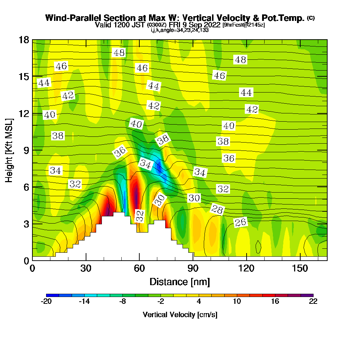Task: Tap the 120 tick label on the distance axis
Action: tap(247, 269)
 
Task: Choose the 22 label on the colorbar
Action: tap(313, 302)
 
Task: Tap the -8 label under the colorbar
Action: tap(122, 302)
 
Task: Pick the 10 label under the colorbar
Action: tap(237, 302)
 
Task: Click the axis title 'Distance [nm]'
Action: tap(180, 282)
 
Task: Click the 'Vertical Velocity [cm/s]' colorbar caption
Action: tap(180, 315)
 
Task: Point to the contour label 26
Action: tap(240, 222)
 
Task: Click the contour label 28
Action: tap(217, 210)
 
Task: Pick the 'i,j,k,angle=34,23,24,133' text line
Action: tap(180, 30)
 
